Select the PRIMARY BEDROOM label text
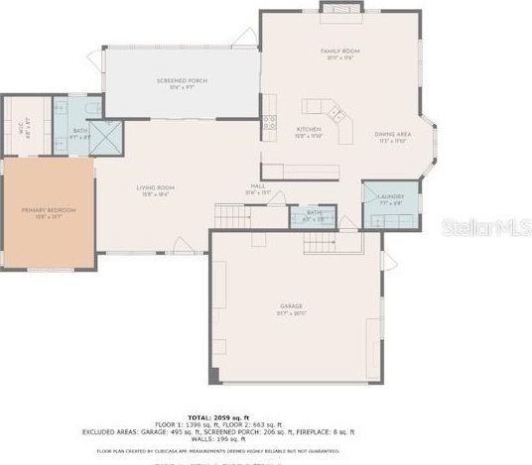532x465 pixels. (48, 211)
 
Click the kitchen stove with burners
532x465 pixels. (269, 124)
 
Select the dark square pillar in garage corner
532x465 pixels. (211, 376)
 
